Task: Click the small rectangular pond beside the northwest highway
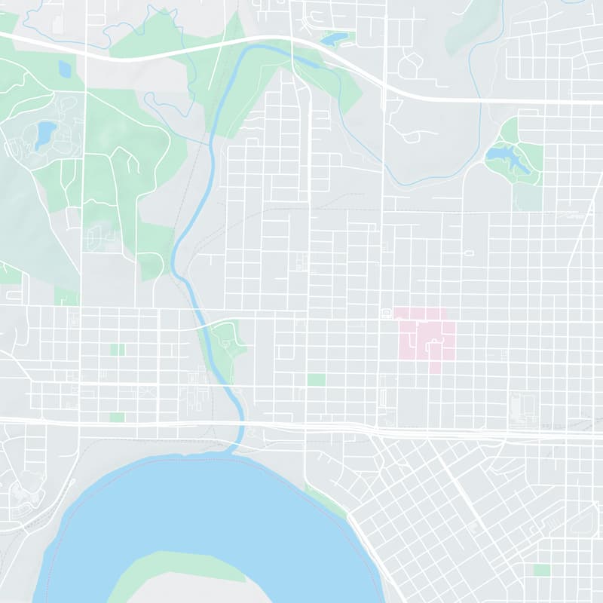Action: (64, 70)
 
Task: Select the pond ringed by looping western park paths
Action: (44, 133)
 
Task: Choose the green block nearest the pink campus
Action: (316, 379)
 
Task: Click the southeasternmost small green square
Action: (541, 570)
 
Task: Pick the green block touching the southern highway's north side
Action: (117, 417)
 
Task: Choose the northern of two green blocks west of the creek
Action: (117, 350)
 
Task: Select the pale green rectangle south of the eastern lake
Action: (527, 197)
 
